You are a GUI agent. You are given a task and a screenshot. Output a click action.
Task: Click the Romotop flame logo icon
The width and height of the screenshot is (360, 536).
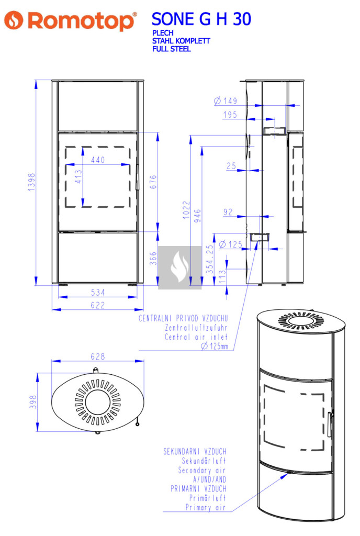(x=14, y=20)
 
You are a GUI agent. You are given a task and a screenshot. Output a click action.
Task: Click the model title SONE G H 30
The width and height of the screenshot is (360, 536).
(x=201, y=19)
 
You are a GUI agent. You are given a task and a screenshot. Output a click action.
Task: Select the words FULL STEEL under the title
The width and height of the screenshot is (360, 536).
(x=171, y=49)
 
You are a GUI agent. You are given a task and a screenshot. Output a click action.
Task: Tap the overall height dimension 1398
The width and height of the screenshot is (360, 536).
(x=31, y=182)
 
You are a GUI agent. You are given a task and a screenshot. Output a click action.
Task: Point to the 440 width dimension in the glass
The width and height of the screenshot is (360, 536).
(x=98, y=160)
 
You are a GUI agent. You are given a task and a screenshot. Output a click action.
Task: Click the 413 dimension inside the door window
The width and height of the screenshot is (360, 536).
(x=78, y=177)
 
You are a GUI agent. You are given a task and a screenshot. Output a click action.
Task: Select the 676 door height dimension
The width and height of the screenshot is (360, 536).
(x=153, y=182)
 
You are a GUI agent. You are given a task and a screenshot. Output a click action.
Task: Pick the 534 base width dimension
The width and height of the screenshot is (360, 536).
(x=98, y=292)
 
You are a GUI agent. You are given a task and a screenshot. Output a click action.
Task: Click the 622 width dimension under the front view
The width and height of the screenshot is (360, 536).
(x=98, y=305)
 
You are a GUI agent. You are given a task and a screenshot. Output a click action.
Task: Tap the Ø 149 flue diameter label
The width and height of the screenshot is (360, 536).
(x=226, y=100)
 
